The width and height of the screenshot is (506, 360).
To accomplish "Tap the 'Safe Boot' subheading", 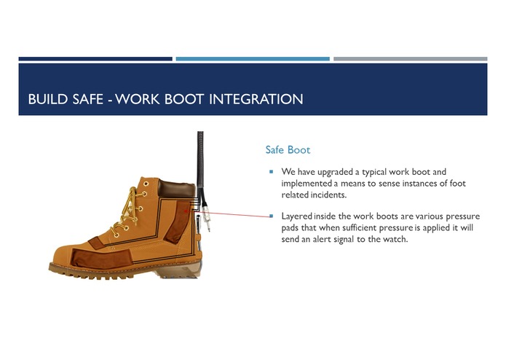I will pos(288,150).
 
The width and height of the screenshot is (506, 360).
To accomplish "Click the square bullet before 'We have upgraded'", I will pos(271,172).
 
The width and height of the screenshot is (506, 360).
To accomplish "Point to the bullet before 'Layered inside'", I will pos(271,216).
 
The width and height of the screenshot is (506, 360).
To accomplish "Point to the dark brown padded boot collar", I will pos(175,189).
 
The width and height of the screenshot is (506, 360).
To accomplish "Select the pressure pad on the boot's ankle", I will pos(178,222).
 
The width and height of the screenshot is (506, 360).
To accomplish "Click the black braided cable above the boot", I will pos(199,157).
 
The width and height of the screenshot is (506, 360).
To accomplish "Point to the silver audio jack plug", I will pos(208,216).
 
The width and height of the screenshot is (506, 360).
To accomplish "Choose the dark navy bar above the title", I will pos(95,58).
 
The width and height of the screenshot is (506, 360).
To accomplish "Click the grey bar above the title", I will pos(410,58).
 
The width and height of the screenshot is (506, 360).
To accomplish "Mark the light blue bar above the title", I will pos(253,58).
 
